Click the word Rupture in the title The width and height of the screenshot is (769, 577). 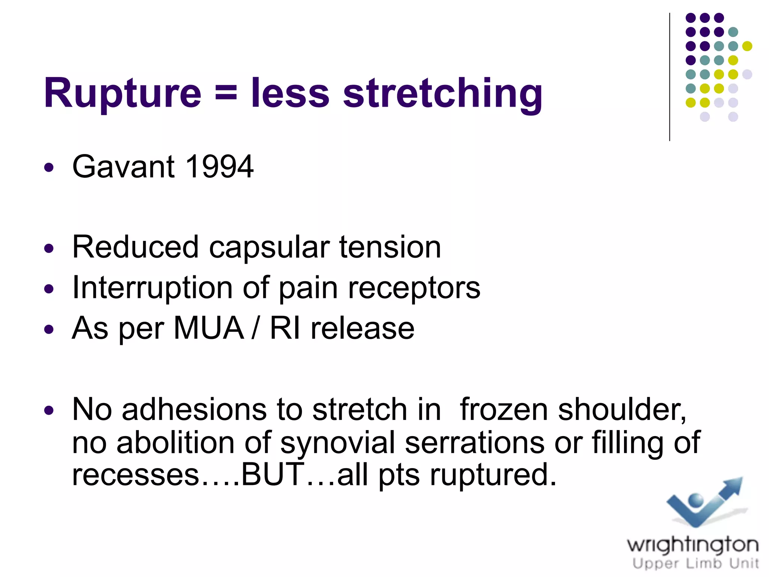pos(122,93)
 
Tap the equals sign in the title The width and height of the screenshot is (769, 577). pos(226,93)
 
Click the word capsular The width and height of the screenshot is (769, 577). pos(269,248)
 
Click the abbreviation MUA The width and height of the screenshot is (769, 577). pos(209,328)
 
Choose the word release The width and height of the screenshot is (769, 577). pos(362,328)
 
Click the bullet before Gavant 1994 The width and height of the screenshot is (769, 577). pos(49,167)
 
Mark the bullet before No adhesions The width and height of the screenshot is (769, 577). pos(49,410)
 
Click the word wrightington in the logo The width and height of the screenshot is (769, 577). pos(693,545)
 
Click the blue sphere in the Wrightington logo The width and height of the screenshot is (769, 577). pos(696,500)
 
